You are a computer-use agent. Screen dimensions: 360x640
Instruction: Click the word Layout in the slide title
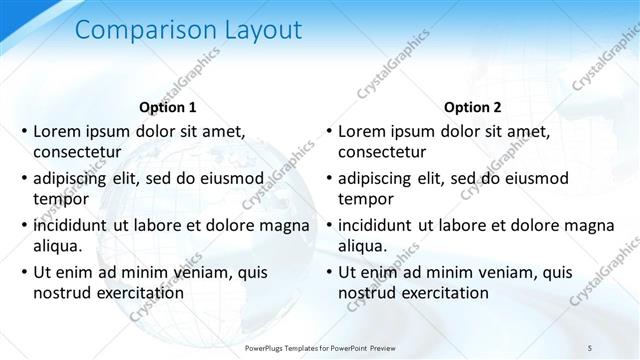(x=256, y=31)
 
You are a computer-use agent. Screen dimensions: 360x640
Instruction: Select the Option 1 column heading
(x=168, y=107)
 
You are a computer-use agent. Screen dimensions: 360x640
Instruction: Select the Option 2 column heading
(x=473, y=107)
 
